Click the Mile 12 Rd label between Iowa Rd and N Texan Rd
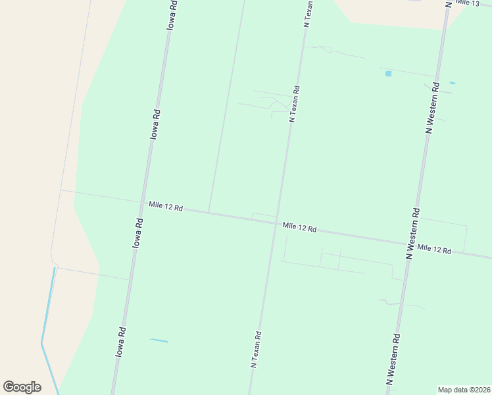165,206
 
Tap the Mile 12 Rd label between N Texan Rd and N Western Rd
299,228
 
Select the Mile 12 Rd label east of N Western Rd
434,250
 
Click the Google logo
22,387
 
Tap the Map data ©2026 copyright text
464,390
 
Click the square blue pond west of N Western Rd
388,74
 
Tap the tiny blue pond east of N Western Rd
452,83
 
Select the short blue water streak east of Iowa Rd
159,340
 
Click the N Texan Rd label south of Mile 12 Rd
257,348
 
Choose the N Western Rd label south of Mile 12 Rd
393,359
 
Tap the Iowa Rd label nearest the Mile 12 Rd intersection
137,232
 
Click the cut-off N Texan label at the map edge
307,13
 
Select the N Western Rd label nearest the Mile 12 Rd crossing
412,233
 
